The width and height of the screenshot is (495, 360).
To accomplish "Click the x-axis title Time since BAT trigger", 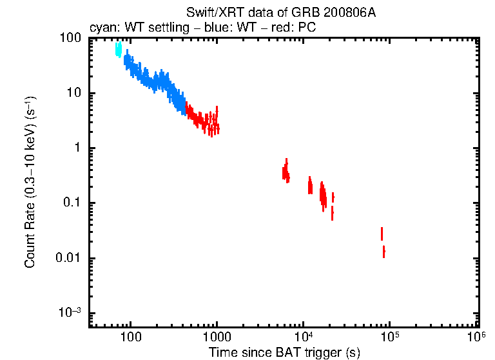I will (x=284, y=352).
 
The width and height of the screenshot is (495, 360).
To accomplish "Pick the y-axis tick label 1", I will (x=77, y=148).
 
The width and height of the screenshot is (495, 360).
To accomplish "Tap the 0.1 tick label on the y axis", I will (x=72, y=203).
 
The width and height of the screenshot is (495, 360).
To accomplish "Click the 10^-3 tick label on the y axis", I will (x=70, y=313).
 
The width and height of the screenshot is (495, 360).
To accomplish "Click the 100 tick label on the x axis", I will (x=131, y=337).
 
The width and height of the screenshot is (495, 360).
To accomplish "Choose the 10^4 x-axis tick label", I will (x=303, y=336).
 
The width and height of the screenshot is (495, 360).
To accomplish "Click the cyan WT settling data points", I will (x=118, y=50).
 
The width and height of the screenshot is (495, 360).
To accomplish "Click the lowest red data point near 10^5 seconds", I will (x=383, y=252).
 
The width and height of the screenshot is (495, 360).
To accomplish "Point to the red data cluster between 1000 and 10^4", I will (x=286, y=172).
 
